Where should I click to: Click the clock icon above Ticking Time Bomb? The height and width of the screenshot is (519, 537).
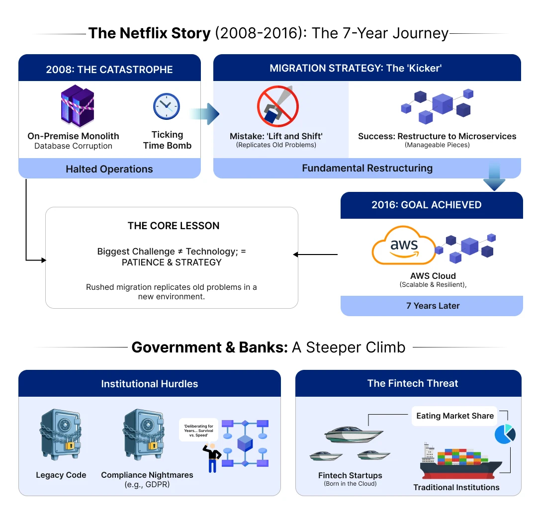point(166,106)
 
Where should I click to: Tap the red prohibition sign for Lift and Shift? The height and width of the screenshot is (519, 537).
point(277,107)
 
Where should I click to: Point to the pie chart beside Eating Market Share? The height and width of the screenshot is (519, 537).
point(505,433)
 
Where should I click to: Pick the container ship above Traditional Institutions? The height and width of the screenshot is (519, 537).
point(460,461)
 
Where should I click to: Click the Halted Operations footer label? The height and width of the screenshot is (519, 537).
point(109,169)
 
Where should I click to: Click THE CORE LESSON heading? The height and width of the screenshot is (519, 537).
point(173,226)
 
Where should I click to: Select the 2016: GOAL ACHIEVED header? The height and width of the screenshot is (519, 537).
point(426,205)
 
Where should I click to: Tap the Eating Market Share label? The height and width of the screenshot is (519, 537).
point(454,416)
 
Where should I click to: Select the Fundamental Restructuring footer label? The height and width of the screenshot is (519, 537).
point(367,168)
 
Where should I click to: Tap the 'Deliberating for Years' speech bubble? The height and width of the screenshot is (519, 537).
point(199,429)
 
